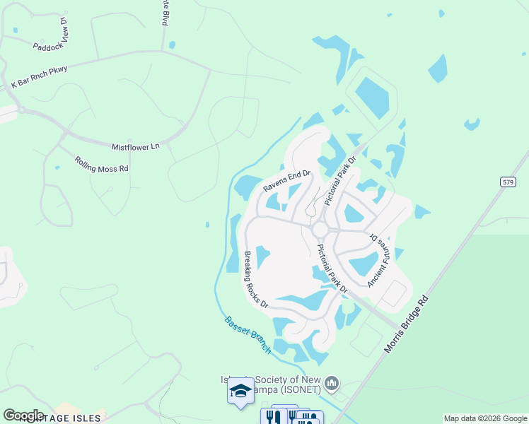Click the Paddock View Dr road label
(x=52, y=37)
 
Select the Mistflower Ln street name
(x=136, y=146)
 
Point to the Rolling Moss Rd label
(x=101, y=164)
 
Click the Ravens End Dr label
(x=287, y=181)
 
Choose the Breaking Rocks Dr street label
(x=255, y=280)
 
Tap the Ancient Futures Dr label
(x=378, y=261)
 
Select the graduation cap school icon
(x=240, y=391)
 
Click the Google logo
(x=23, y=415)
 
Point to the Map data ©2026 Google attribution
(x=485, y=418)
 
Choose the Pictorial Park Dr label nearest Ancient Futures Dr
(x=332, y=269)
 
